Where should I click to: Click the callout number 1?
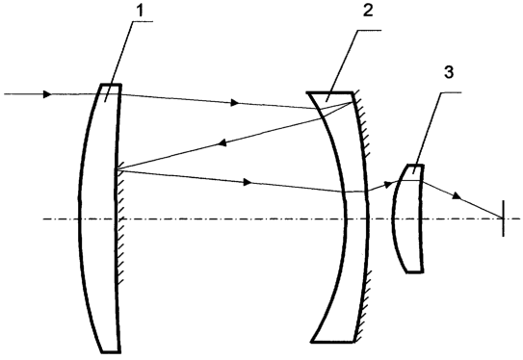[140, 11]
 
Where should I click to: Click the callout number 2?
[368, 11]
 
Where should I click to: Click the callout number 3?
[449, 72]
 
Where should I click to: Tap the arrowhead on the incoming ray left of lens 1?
[48, 94]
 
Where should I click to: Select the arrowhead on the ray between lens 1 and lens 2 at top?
[235, 102]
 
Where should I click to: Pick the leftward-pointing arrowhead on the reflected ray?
[222, 142]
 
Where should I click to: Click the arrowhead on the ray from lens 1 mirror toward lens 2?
[248, 182]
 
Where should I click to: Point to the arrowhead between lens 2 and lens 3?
[388, 184]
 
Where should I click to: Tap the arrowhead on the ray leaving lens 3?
[457, 196]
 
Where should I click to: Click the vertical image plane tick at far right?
[504, 219]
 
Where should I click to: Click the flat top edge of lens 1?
[111, 85]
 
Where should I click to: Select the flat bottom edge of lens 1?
[111, 351]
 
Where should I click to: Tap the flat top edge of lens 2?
[329, 92]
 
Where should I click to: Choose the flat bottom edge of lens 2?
[332, 342]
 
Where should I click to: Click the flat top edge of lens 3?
[415, 165]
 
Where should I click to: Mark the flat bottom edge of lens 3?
[414, 272]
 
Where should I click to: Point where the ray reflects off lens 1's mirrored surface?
[116, 170]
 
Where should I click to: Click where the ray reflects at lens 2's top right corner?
[353, 102]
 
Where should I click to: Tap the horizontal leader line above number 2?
[369, 31]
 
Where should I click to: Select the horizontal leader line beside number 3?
[451, 92]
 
